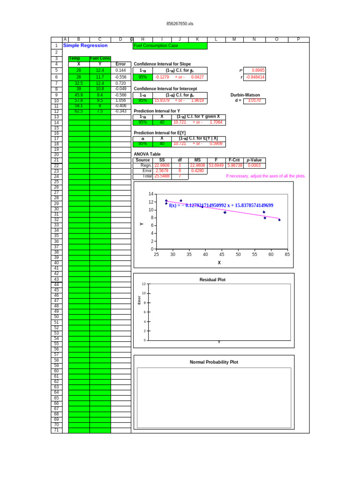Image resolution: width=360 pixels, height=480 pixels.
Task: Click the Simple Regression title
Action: [x=85, y=45]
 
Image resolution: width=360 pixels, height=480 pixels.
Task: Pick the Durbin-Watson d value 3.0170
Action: [x=254, y=100]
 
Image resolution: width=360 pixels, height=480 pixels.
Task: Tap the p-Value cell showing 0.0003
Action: [x=254, y=165]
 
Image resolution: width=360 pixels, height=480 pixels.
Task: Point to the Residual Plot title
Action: [x=212, y=280]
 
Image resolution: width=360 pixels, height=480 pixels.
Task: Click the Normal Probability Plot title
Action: [x=214, y=362]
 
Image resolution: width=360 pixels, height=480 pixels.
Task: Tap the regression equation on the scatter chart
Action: [x=221, y=205]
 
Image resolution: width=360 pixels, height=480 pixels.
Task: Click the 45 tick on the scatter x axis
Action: [x=222, y=255]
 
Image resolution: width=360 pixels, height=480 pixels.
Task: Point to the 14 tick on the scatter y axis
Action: [x=151, y=194]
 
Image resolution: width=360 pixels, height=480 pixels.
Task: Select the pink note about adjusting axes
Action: [x=265, y=176]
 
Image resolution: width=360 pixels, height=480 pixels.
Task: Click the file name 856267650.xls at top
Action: [x=180, y=23]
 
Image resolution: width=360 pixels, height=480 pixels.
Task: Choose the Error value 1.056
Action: [x=120, y=100]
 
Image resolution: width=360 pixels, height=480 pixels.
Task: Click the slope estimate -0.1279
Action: [x=162, y=77]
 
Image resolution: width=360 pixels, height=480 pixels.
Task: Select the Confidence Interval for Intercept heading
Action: [x=165, y=89]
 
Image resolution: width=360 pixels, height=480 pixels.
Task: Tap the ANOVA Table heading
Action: [x=147, y=154]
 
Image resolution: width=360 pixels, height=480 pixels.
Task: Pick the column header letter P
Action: [x=298, y=39]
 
